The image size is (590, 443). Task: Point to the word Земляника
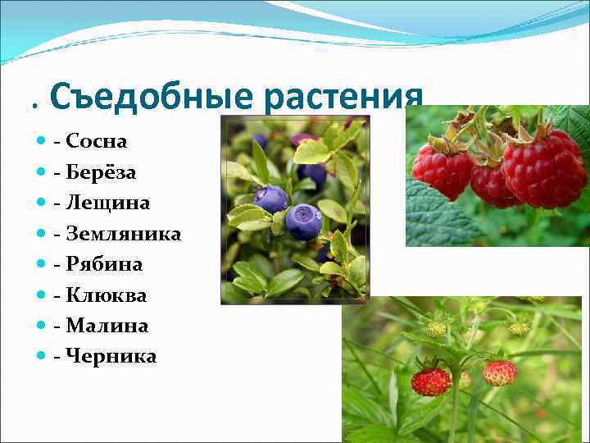tap(123, 234)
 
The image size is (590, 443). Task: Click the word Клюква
tap(106, 295)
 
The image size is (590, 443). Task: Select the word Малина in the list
tap(107, 326)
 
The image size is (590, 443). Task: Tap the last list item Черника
tap(111, 357)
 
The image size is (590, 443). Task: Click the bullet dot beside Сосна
tap(42, 141)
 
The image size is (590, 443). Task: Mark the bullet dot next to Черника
tap(42, 357)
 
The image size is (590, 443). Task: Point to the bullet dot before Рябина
tap(42, 264)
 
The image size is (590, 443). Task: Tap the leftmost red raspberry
tap(442, 171)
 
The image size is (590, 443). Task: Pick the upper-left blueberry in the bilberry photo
tap(270, 199)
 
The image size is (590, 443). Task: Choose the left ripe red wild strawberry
tap(431, 381)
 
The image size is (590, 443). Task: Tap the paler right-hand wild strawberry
tap(500, 372)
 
